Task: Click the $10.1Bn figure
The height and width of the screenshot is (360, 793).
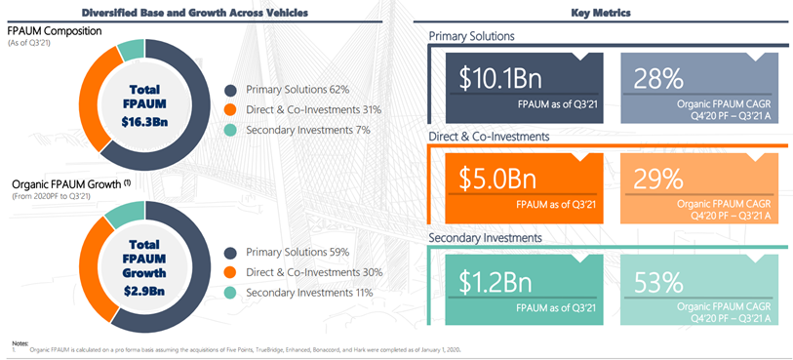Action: click(500, 79)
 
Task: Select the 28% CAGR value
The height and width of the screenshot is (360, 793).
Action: click(658, 79)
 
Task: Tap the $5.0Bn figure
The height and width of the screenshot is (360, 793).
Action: click(497, 178)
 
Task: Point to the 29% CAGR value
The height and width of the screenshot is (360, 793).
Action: click(658, 178)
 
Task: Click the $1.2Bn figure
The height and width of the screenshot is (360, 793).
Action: click(496, 281)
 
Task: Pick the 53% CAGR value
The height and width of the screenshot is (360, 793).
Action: click(658, 281)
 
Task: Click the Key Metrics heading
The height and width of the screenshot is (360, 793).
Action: click(600, 13)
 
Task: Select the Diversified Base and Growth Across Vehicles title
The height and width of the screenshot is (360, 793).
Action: click(195, 13)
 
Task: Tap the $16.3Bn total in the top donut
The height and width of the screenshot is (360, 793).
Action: click(144, 122)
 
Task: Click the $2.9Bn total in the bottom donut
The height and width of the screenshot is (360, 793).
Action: click(144, 291)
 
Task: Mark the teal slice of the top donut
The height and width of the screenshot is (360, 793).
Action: click(132, 50)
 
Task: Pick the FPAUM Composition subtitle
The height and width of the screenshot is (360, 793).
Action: click(55, 31)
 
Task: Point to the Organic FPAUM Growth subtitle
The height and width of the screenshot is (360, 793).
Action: click(65, 184)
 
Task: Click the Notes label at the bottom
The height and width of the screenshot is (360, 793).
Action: click(16, 343)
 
